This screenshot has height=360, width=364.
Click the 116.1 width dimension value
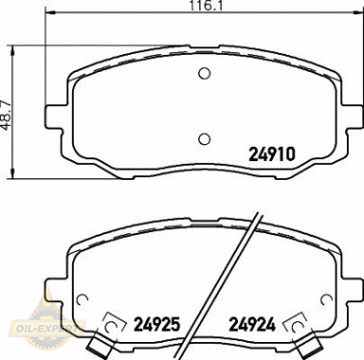click(202, 9)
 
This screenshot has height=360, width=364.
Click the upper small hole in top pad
click(203, 76)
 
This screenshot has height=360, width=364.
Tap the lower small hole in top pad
click(203, 139)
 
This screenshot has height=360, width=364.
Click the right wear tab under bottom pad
click(307, 338)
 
